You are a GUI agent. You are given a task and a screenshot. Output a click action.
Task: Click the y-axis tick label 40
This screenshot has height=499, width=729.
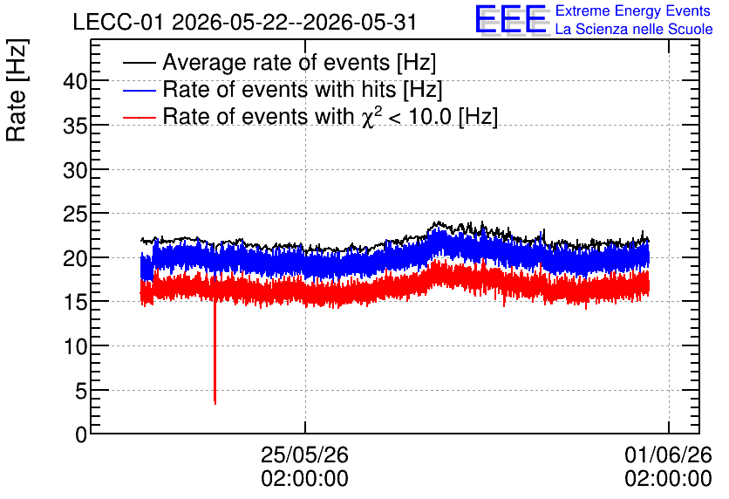point(75,82)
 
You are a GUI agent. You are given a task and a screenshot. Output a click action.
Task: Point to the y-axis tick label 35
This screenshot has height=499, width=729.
point(75,126)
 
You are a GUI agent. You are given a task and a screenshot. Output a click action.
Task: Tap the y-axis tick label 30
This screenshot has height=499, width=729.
point(75,171)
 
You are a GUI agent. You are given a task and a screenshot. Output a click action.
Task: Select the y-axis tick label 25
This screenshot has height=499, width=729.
point(75,215)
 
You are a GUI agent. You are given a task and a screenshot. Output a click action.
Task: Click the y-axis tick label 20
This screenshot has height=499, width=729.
point(75,259)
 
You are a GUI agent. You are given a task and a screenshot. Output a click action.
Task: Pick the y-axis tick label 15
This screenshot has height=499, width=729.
point(75,304)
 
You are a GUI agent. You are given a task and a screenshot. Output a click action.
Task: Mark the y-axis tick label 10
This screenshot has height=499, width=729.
point(75,347)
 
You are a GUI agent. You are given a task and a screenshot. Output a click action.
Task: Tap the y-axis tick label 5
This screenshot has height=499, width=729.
point(81,392)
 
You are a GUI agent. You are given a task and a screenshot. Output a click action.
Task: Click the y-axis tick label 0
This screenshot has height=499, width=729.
point(81,435)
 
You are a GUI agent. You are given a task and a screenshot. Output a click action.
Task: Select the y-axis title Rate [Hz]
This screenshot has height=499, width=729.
point(17,90)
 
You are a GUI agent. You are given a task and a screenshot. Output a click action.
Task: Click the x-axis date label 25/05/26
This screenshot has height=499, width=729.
point(304,455)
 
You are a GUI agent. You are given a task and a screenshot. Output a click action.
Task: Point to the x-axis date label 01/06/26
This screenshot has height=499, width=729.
point(668,455)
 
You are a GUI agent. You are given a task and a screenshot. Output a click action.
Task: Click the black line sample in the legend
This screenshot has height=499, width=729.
point(139,63)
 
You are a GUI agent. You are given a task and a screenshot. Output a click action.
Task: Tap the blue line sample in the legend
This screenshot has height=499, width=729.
point(139,90)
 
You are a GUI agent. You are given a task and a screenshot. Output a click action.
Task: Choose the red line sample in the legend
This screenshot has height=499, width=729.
point(139,117)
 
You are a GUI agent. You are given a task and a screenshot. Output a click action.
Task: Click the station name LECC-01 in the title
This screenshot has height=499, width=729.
point(118,23)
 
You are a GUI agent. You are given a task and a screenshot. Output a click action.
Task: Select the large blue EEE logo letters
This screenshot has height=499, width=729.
point(511,19)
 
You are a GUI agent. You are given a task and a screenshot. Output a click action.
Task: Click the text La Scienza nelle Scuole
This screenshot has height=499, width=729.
point(634,30)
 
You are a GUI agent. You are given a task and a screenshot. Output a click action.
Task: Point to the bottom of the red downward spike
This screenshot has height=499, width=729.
point(215,404)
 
